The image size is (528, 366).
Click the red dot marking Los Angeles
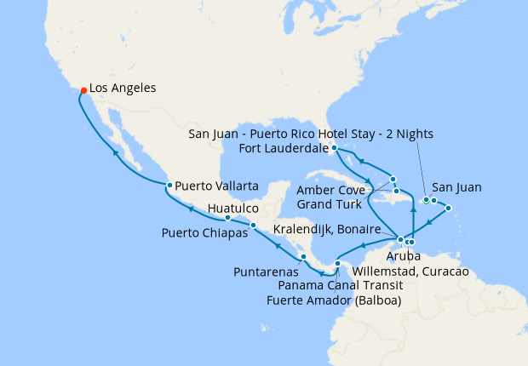(83, 90)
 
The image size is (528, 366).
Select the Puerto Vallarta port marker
(169, 185)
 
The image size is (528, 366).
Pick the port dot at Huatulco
(227, 218)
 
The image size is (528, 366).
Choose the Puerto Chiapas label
(204, 232)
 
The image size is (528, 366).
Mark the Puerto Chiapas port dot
(253, 226)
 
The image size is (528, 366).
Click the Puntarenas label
(267, 272)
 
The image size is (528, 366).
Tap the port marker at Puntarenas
(302, 257)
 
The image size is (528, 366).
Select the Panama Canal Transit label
(336, 286)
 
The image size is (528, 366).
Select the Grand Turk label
(329, 205)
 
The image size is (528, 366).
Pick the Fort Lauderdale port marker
(335, 148)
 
